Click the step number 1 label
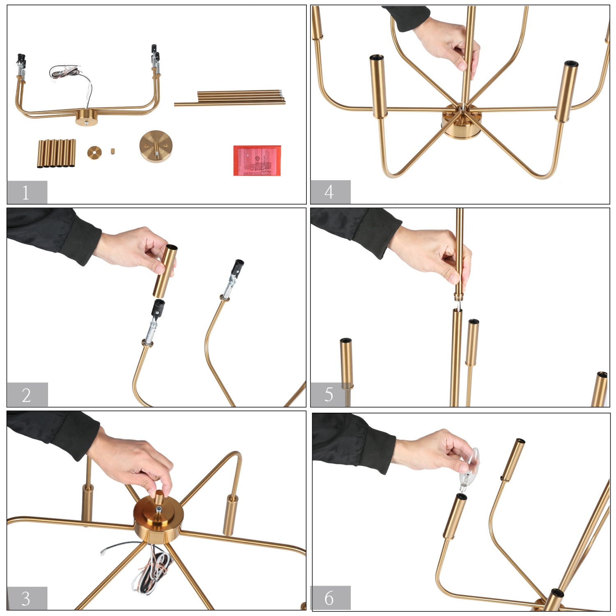click(27, 192)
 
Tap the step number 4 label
click(330, 192)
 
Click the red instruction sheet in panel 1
click(257, 160)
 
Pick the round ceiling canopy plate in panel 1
click(156, 146)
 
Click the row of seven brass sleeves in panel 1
click(57, 153)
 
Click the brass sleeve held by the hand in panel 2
click(166, 271)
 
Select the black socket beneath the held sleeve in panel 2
click(158, 308)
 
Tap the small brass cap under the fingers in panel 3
click(159, 498)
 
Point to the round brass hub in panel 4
click(461, 122)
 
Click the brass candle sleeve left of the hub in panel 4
click(377, 86)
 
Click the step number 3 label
click(27, 598)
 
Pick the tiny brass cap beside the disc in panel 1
click(113, 151)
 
